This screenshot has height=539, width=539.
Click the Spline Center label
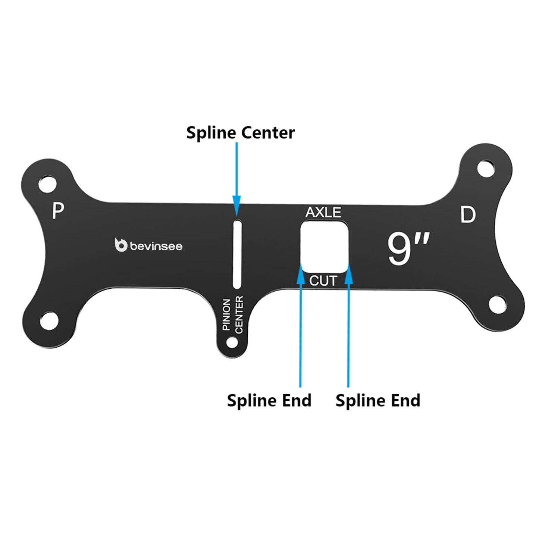click(x=240, y=133)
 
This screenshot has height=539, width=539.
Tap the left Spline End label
click(x=269, y=401)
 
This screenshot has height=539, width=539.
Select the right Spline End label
click(x=378, y=401)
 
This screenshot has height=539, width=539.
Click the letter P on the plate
click(x=57, y=211)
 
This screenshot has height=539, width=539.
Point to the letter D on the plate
click(x=468, y=215)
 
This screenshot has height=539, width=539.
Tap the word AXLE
click(x=323, y=212)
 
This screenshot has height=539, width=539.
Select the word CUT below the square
click(x=323, y=281)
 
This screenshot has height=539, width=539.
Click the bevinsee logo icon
click(x=121, y=245)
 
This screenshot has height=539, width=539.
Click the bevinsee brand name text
click(x=156, y=246)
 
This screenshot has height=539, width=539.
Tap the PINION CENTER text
click(x=233, y=315)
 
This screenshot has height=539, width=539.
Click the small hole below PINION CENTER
click(x=232, y=342)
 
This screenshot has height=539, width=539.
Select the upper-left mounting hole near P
click(x=47, y=184)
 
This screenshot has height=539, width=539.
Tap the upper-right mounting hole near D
click(x=486, y=168)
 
